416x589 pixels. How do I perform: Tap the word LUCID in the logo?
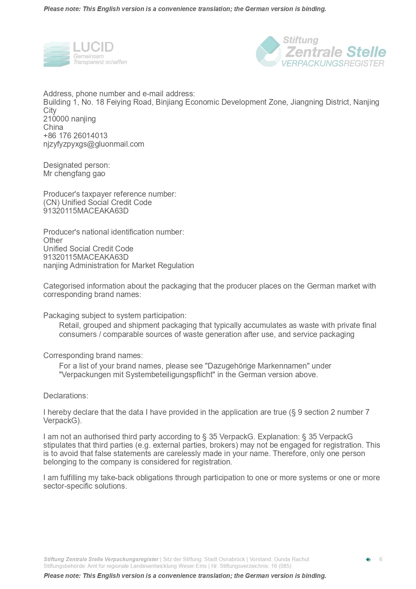[93, 47]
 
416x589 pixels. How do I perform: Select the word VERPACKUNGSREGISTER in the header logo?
[332, 63]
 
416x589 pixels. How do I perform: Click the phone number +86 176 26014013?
[75, 136]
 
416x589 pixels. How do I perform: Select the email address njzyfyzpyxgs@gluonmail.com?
[94, 144]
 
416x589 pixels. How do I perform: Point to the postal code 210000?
[56, 119]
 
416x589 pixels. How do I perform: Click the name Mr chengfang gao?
[74, 174]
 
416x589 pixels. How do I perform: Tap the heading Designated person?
[76, 165]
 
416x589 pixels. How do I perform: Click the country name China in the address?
[53, 127]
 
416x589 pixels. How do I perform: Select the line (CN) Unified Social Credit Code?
[97, 202]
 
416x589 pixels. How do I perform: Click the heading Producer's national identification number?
[113, 232]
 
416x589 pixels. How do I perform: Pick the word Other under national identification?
[53, 240]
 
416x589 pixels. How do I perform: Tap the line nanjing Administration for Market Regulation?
[118, 265]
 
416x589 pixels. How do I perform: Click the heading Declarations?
[65, 396]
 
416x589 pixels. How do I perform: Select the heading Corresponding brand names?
[93, 355]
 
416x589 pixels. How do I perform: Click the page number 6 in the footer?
[381, 559]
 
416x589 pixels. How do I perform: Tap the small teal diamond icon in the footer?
[368, 559]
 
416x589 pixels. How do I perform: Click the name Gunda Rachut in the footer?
[292, 559]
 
